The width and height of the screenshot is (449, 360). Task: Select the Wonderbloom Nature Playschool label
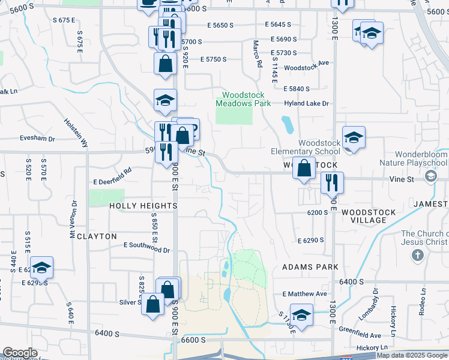pos(414,158)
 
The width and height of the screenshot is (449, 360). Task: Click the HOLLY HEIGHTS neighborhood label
pos(143,206)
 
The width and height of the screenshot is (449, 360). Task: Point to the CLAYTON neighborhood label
pos(97,236)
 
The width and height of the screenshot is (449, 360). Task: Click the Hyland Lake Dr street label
pos(307,104)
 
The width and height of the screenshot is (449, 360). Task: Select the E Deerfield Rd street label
pos(112,181)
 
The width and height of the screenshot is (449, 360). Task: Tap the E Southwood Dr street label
pos(146,245)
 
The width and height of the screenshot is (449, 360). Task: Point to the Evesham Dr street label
pos(37,139)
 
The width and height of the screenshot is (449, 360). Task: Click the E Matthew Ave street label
pos(304,294)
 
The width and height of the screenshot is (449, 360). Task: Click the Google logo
pos(20,353)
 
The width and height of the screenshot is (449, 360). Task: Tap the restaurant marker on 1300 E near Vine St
pos(332,182)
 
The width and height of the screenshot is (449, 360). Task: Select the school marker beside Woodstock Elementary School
pos(354,138)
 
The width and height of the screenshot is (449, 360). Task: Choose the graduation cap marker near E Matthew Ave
pos(302,315)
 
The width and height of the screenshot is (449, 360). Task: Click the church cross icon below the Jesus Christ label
pos(418,256)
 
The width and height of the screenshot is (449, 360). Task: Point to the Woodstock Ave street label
pos(307,68)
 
